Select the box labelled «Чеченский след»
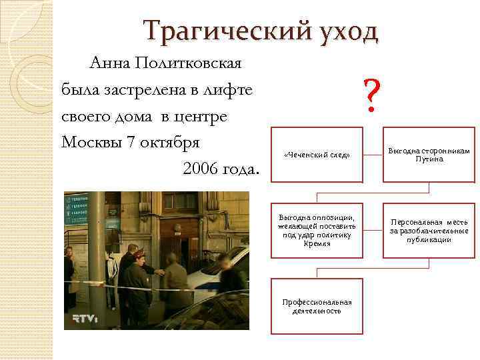317,155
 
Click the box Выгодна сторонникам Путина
429,155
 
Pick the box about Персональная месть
429,231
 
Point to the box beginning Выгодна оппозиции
317,231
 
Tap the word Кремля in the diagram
317,245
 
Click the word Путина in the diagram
429,160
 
